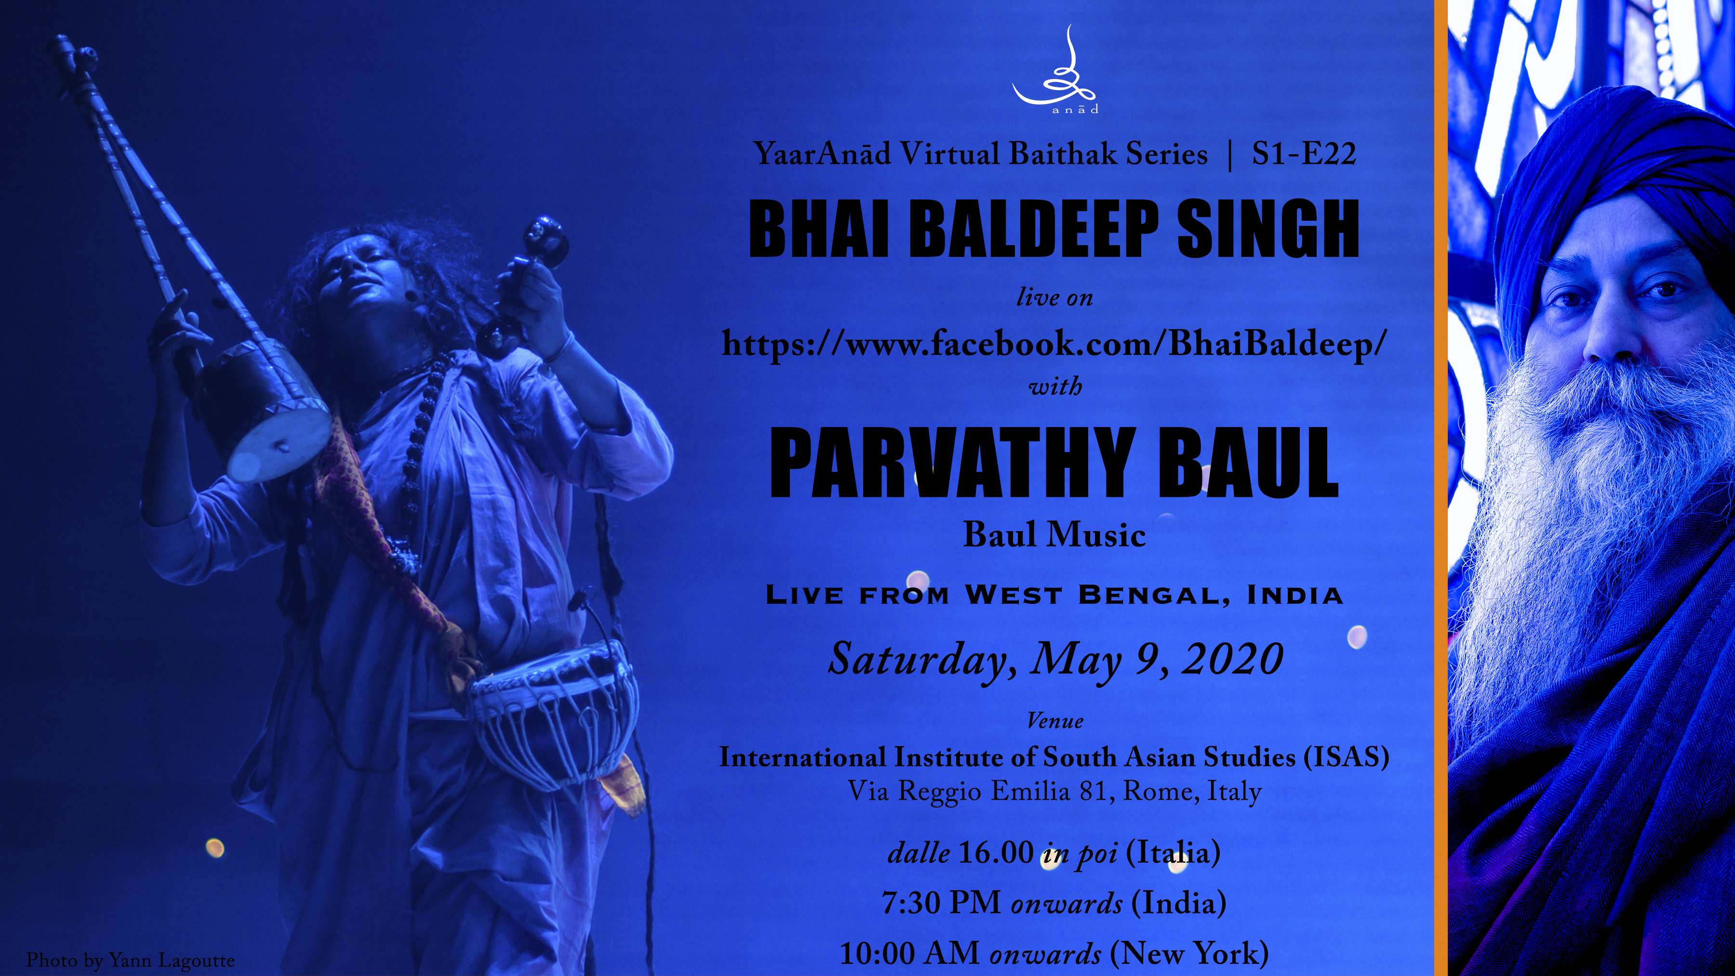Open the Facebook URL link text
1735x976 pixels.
(x=1054, y=344)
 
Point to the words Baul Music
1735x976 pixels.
(x=1054, y=535)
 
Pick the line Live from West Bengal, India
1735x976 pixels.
(x=1055, y=595)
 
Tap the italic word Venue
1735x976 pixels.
(x=1055, y=721)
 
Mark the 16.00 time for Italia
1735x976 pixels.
(x=994, y=853)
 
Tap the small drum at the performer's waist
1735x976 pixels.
(x=554, y=710)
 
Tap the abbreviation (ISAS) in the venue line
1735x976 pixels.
(x=1347, y=757)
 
